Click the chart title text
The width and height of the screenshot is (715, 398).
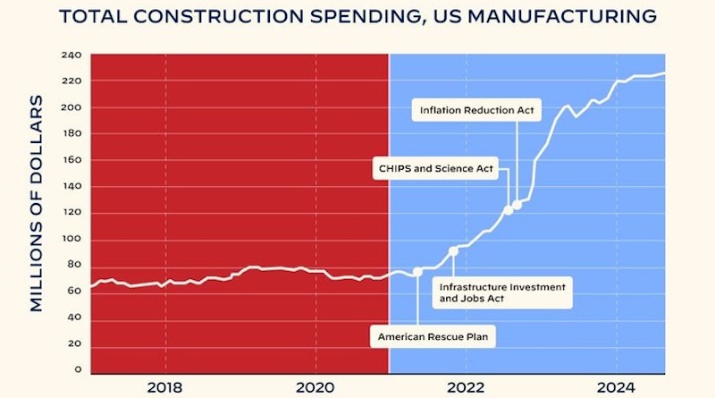[357, 16]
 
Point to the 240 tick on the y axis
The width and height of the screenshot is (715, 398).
[72, 55]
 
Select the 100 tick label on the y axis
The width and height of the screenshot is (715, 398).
[72, 239]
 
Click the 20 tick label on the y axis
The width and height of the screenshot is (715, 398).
[75, 343]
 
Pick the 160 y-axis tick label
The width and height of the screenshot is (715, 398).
[72, 160]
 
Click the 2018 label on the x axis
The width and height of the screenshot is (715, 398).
[164, 388]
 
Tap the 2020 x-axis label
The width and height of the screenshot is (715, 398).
[315, 388]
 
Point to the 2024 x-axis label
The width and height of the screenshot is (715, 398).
[616, 388]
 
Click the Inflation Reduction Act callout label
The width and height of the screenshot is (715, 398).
[466, 111]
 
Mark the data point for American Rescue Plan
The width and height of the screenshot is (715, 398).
[417, 272]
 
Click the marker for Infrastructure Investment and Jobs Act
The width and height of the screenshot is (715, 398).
[453, 251]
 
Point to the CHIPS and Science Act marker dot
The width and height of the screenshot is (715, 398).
[509, 210]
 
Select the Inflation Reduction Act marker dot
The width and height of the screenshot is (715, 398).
[517, 205]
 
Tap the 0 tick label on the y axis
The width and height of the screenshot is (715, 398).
[78, 369]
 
